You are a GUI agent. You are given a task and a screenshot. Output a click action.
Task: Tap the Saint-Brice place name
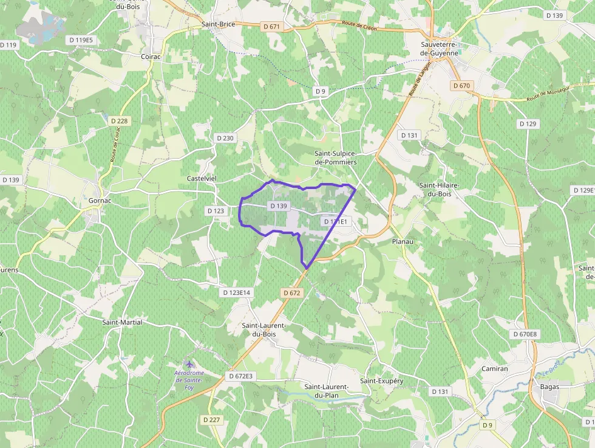click(x=218, y=25)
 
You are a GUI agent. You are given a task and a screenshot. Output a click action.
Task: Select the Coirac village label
click(x=151, y=57)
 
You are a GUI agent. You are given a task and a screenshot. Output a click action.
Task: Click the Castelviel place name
click(x=202, y=178)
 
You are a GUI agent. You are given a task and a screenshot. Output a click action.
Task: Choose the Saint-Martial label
click(x=122, y=322)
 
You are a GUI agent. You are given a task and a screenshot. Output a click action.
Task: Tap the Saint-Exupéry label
click(x=381, y=381)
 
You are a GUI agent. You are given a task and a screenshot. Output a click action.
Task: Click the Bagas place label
click(x=549, y=386)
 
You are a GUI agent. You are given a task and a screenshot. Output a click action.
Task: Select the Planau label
click(x=403, y=241)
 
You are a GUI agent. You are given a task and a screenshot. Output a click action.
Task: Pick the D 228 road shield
click(x=120, y=121)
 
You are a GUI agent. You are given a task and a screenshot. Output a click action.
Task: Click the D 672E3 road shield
click(x=240, y=376)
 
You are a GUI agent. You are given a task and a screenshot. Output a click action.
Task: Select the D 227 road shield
click(x=212, y=419)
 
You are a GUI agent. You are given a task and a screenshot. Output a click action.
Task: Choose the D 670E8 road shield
click(x=525, y=334)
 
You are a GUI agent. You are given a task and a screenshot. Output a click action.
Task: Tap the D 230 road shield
click(x=225, y=138)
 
